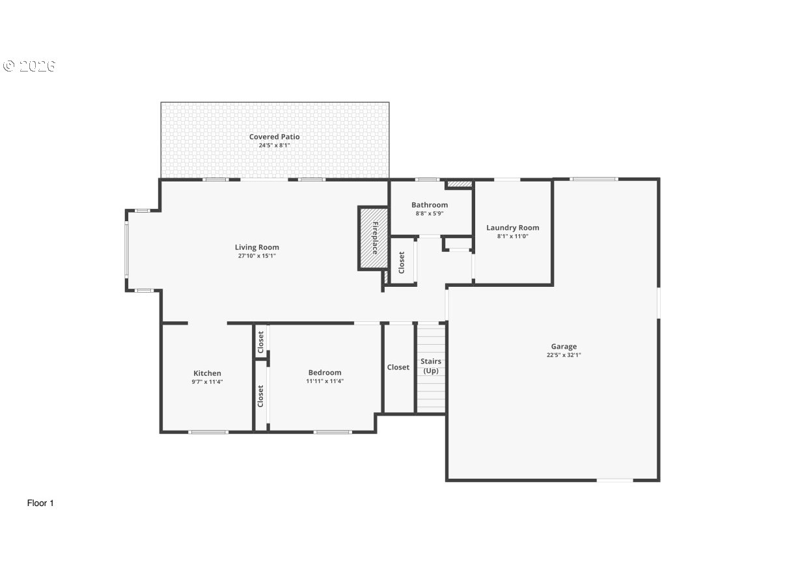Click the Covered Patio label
tap(274, 137)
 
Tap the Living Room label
tap(257, 247)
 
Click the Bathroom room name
tap(430, 205)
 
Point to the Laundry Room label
tap(513, 228)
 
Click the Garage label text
tap(564, 347)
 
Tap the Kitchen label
tap(207, 373)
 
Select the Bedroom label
tap(325, 373)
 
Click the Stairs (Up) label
tap(431, 366)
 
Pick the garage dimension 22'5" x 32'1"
tap(564, 355)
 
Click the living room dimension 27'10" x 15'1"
tap(257, 256)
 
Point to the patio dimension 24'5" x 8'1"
tap(274, 145)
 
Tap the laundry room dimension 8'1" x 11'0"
tap(513, 236)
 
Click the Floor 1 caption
tap(40, 503)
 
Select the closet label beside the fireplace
tap(402, 262)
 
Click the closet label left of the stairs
tap(398, 367)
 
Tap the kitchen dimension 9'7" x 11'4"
tap(207, 382)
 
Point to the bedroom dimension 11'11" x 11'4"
tap(325, 381)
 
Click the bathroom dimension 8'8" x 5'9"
tap(430, 213)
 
